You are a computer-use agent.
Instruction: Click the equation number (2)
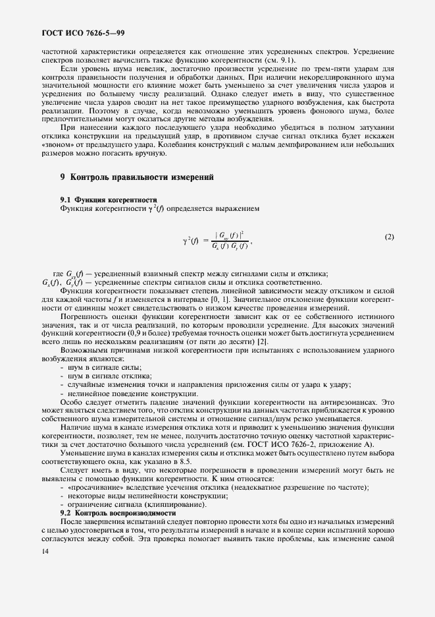click(x=389, y=237)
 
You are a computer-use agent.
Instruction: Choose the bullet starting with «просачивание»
click(x=217, y=486)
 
